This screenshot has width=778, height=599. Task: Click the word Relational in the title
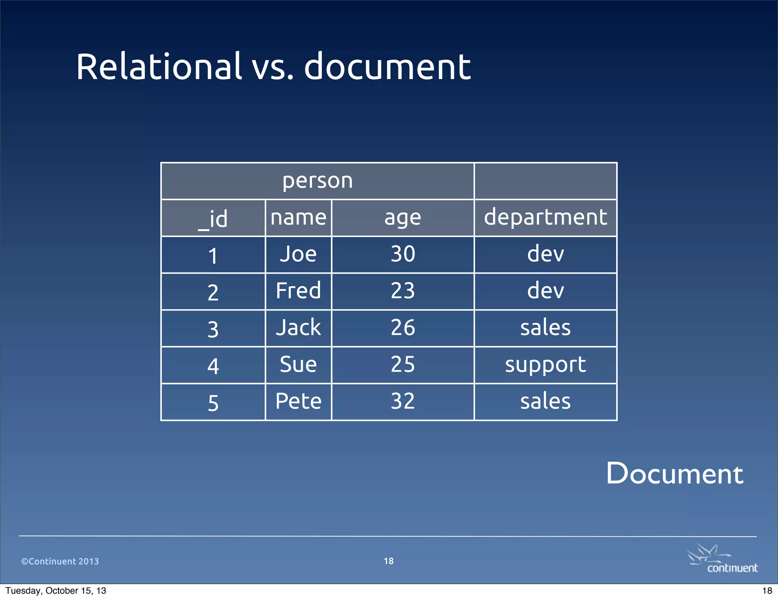point(159,67)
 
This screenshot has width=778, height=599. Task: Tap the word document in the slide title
point(387,67)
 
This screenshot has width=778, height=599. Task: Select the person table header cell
point(318,181)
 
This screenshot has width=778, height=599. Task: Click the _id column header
point(213,218)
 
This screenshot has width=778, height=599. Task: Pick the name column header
point(298,218)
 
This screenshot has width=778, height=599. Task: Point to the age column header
point(403,218)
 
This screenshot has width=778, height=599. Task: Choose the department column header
point(546,217)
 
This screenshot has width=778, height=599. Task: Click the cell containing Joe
point(298,254)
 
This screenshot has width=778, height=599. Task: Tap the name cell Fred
point(298,291)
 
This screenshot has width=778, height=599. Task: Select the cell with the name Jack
point(298,328)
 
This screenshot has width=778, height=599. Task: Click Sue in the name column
point(298,364)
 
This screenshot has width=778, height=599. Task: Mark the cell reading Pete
point(298,401)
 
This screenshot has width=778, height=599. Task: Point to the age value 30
point(403,254)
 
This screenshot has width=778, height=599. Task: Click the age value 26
point(403,328)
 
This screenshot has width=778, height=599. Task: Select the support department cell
point(546,365)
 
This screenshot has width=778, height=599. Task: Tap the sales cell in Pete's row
point(546,401)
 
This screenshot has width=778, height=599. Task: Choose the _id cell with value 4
point(213,366)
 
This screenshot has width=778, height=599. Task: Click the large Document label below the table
point(675,474)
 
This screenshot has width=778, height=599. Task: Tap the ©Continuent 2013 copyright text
point(60,561)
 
